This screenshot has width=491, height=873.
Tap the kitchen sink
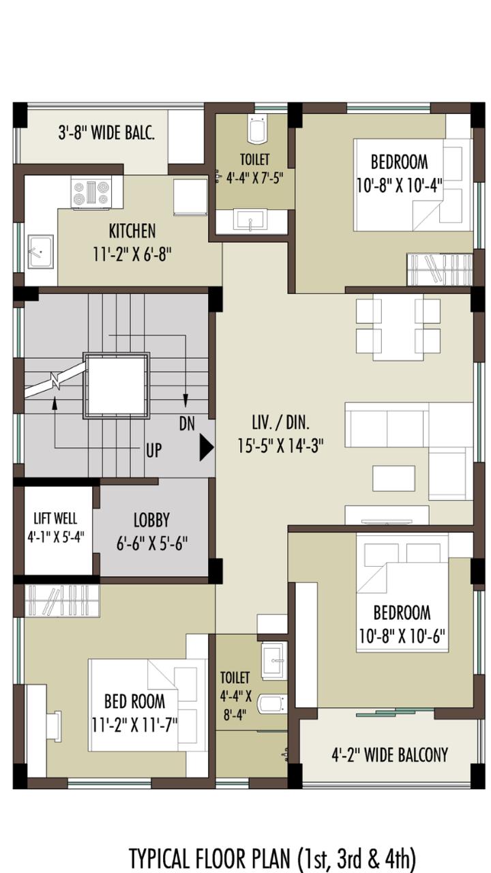40,252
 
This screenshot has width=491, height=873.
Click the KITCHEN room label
132,231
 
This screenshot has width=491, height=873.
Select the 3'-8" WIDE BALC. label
106,133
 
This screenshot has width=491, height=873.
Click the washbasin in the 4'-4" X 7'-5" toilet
250,220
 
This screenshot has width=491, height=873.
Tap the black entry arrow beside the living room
207,448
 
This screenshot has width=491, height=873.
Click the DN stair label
187,424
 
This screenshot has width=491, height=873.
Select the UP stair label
153,451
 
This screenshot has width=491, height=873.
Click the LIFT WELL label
55,518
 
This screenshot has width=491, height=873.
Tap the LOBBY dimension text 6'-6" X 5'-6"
152,543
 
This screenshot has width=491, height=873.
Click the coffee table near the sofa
393,478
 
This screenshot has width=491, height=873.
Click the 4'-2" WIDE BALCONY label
389,755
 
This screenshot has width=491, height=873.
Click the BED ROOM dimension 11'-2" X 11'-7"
134,725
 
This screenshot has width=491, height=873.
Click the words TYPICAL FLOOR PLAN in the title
209,857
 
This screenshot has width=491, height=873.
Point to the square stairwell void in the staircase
117,386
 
